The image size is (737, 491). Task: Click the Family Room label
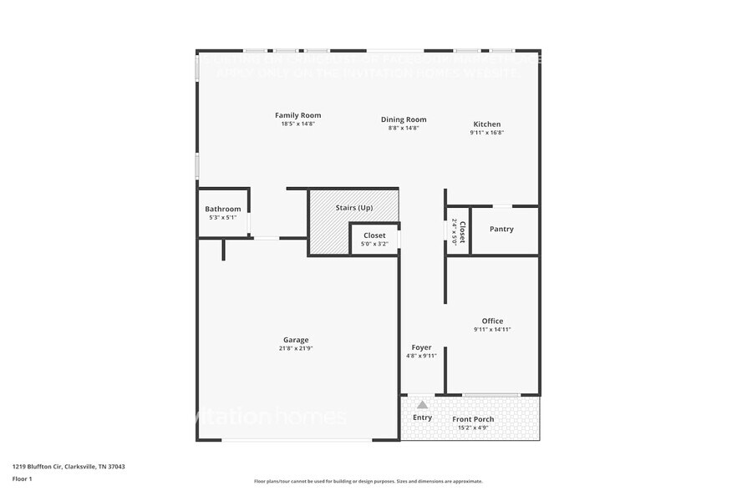tap(297, 115)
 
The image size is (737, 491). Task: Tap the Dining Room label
tap(404, 119)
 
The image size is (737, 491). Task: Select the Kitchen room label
tap(487, 124)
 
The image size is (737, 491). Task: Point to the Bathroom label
tap(223, 209)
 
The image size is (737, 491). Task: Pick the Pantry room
tap(501, 229)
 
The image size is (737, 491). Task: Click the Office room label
tap(492, 321)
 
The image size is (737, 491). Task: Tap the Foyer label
tap(421, 347)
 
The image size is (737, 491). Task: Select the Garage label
tap(296, 340)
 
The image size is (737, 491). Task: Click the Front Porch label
tap(473, 419)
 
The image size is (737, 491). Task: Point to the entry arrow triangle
tap(422, 405)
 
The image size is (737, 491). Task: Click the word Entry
tap(422, 418)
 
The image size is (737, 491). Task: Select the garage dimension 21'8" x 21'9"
tap(296, 348)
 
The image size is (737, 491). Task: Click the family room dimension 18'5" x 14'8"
tap(297, 124)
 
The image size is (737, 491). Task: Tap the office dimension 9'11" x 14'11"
tap(492, 329)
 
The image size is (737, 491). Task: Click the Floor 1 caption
tap(22, 478)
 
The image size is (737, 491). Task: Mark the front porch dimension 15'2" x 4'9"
tap(473, 428)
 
